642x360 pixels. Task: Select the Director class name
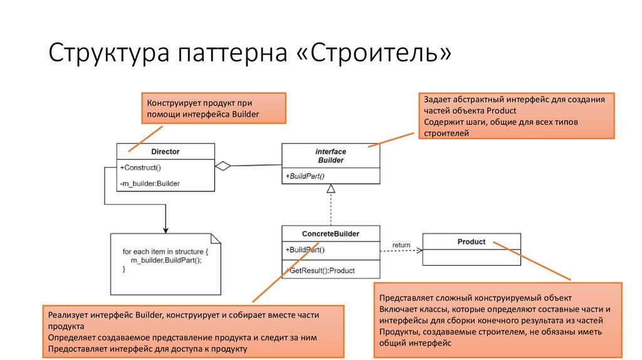point(166,152)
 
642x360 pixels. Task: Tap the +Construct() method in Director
point(140,167)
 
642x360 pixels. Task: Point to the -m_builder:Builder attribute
point(150,183)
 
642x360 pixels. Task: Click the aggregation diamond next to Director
point(223,166)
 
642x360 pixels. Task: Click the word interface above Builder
point(330,152)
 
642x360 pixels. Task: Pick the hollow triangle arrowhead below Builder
point(331,188)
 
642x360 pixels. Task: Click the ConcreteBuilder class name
point(331,234)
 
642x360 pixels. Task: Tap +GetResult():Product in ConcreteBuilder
point(321,270)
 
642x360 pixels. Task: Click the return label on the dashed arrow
point(401,245)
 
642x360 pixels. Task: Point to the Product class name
point(471,241)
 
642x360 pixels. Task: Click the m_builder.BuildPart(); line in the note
point(166,260)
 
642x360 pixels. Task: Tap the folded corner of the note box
point(216,238)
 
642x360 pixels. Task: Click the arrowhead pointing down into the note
point(166,229)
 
